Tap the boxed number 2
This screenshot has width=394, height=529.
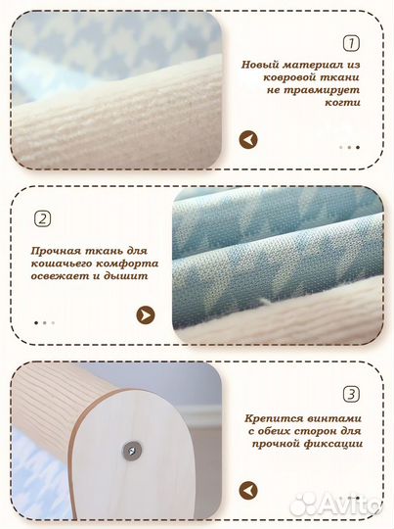[42, 218]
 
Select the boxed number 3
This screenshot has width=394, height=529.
[350, 395]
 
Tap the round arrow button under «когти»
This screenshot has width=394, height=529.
[248, 140]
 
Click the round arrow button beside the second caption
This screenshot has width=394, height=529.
[146, 314]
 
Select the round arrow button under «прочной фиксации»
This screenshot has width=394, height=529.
[249, 490]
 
